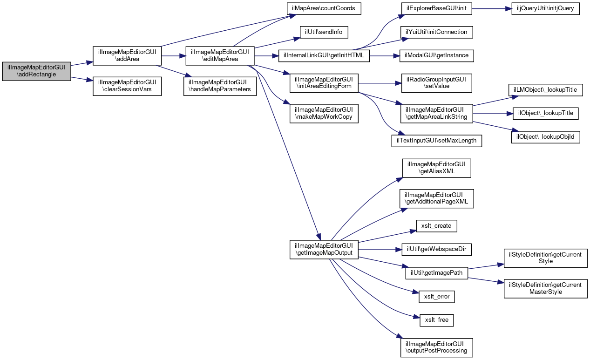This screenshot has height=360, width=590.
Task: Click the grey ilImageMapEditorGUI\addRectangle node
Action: coord(37,71)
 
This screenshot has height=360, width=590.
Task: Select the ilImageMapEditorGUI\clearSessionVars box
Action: coord(127,86)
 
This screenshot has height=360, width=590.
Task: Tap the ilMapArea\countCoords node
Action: coord(324,9)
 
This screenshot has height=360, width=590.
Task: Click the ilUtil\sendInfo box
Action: coord(324,32)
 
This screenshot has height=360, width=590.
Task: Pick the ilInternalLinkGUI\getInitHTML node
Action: coord(324,56)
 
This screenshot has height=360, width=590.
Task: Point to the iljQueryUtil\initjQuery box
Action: coord(545,9)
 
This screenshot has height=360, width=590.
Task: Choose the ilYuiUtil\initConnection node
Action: coord(437,32)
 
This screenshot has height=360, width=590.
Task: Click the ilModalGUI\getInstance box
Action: coord(437,56)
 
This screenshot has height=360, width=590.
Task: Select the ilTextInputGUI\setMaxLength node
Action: coord(437,141)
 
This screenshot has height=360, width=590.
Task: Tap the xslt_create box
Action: coord(437,226)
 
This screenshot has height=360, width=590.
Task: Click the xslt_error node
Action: coord(437,297)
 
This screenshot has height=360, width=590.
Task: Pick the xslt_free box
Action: coord(437,320)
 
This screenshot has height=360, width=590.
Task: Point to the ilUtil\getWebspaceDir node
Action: coord(437,250)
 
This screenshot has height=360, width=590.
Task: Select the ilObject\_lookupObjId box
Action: coord(545,137)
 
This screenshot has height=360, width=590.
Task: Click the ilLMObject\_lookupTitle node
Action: coord(545,90)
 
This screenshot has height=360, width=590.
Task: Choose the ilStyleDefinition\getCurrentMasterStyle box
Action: coord(545,289)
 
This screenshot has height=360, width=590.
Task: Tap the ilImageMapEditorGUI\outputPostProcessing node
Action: coord(437,347)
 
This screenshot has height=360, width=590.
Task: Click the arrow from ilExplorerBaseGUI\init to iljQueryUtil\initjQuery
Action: coord(492,9)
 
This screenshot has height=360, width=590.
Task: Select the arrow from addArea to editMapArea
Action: coord(174,56)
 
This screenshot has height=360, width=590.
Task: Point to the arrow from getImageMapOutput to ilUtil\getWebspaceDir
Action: coord(380,250)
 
